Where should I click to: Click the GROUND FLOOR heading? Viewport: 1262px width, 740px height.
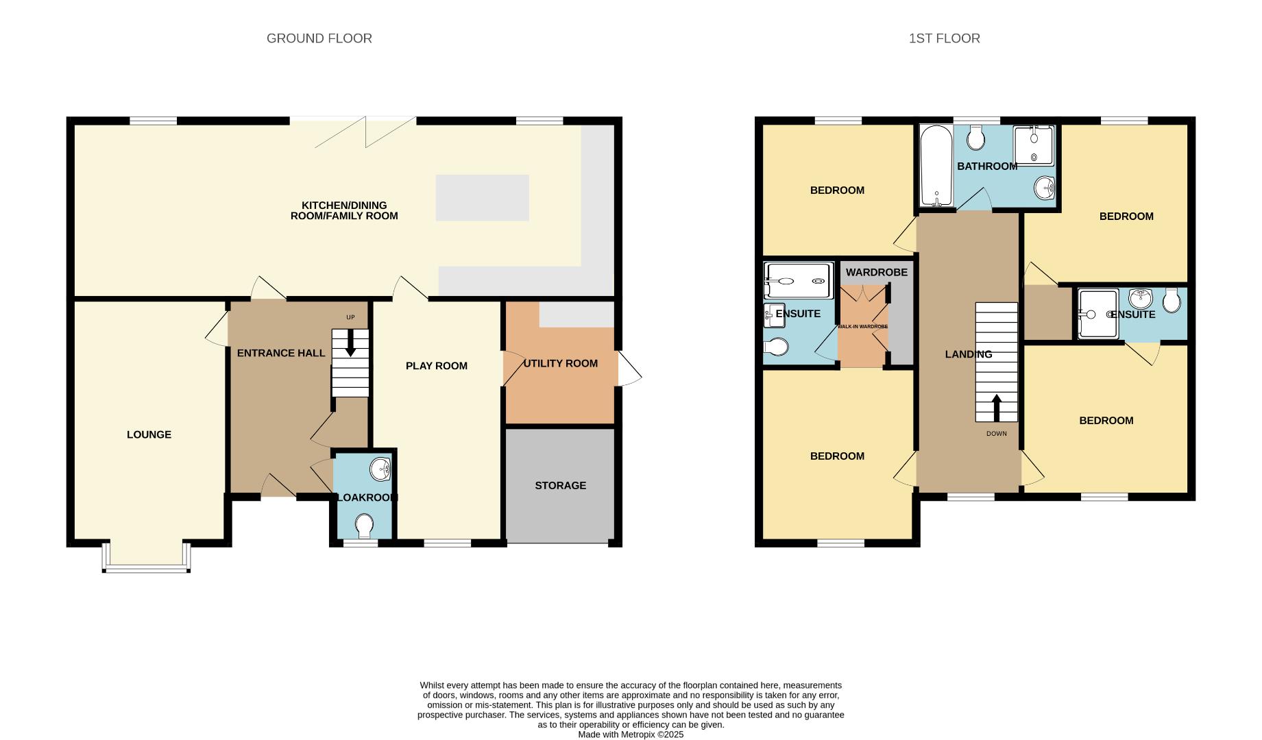click(x=319, y=38)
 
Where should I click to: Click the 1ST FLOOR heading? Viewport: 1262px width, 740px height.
click(x=944, y=38)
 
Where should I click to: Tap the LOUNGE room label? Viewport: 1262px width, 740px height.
click(x=149, y=434)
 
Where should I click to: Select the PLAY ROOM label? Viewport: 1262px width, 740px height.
click(x=436, y=366)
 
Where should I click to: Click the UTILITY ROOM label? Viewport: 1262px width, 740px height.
click(x=560, y=363)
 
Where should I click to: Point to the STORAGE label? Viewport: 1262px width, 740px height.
click(x=560, y=485)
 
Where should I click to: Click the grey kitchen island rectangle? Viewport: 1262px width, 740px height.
click(x=482, y=197)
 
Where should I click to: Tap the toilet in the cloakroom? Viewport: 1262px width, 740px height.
click(x=364, y=526)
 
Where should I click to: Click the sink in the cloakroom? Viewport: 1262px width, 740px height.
click(x=380, y=470)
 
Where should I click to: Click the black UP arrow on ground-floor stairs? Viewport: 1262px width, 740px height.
click(x=350, y=343)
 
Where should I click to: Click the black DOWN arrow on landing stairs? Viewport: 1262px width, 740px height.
click(x=996, y=407)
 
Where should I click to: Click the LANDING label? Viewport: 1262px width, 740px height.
click(x=968, y=354)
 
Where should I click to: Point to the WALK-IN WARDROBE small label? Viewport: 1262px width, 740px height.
click(x=862, y=326)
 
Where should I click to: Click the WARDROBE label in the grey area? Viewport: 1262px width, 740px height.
click(x=876, y=272)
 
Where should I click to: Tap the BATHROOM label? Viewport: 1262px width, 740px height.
click(x=987, y=166)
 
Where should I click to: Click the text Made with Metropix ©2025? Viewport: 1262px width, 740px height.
click(x=631, y=735)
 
